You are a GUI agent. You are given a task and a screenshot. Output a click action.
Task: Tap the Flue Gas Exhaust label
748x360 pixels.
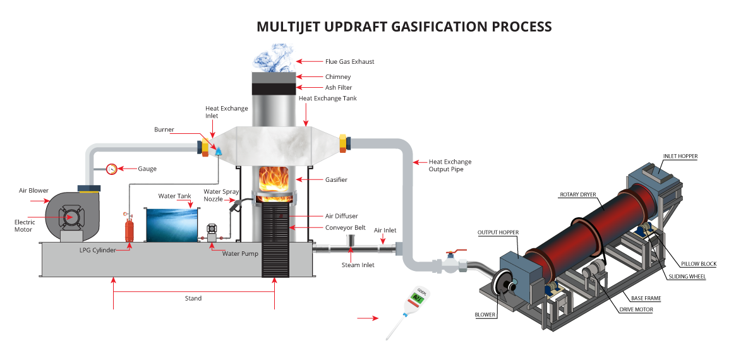(349, 61)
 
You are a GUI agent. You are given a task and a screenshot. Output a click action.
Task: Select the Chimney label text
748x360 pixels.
(338, 77)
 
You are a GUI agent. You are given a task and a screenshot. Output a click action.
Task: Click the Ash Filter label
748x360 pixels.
(339, 88)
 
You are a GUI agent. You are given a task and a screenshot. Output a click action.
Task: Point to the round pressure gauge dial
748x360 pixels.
(112, 169)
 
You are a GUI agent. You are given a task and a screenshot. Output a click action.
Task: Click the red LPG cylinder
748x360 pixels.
(130, 228)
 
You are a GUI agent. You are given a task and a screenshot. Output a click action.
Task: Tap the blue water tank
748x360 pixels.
(172, 224)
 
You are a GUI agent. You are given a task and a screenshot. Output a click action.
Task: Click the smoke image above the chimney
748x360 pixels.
(274, 57)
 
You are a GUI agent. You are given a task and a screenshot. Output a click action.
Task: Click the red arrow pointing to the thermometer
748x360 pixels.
(368, 318)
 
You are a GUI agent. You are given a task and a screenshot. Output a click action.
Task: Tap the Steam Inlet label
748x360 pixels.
(358, 265)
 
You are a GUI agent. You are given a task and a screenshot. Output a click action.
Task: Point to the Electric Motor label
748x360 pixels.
(25, 225)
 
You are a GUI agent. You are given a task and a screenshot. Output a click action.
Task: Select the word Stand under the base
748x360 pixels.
(193, 298)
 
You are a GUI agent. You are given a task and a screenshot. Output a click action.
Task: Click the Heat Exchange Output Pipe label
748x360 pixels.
(450, 165)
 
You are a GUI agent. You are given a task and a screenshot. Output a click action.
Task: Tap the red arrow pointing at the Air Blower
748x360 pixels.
(40, 201)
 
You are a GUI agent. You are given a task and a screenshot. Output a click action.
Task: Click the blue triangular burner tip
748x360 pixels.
(219, 152)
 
